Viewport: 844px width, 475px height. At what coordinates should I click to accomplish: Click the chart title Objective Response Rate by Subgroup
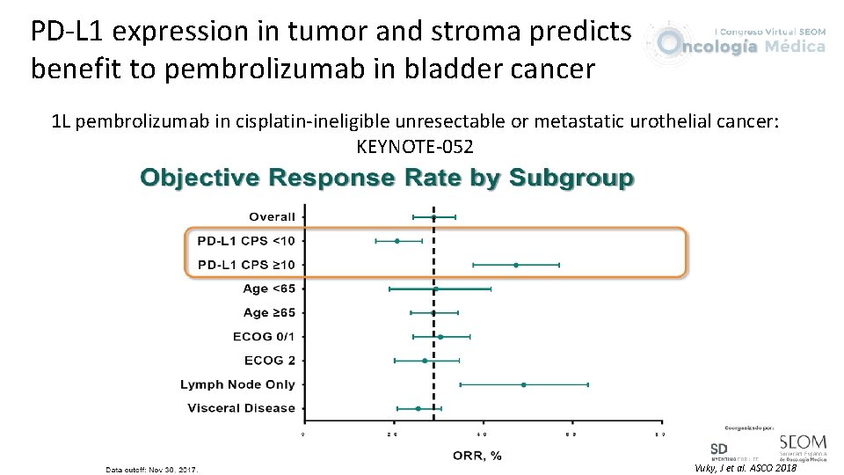[387, 179]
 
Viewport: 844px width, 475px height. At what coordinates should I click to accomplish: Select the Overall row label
[272, 216]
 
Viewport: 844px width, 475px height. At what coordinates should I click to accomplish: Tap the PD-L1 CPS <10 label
[246, 240]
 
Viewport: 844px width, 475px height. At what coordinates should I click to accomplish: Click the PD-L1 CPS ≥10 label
[246, 265]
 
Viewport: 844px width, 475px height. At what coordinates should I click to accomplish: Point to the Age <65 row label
[269, 289]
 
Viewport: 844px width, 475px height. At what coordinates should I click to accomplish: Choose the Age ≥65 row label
[269, 312]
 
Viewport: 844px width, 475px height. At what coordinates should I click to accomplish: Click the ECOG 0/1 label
[264, 336]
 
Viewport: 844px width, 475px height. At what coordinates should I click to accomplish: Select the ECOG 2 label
[270, 360]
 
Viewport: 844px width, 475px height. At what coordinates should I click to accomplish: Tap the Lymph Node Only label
[237, 384]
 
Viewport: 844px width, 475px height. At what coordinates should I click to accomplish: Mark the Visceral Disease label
[241, 408]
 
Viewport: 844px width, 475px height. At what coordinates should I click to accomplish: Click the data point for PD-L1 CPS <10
[397, 240]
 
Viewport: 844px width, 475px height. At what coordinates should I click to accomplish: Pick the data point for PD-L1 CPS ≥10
[516, 265]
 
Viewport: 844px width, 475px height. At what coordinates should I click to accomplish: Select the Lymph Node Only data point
[523, 384]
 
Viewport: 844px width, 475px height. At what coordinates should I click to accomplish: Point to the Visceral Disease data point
[418, 408]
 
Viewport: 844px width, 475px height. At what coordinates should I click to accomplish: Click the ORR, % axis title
[477, 455]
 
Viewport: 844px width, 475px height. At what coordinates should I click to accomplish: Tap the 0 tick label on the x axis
[303, 435]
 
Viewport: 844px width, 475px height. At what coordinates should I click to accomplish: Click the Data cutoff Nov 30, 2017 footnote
[152, 470]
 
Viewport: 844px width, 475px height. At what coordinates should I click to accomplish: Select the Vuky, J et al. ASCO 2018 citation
[745, 468]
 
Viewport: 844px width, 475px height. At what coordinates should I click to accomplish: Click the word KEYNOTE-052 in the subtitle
[415, 145]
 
